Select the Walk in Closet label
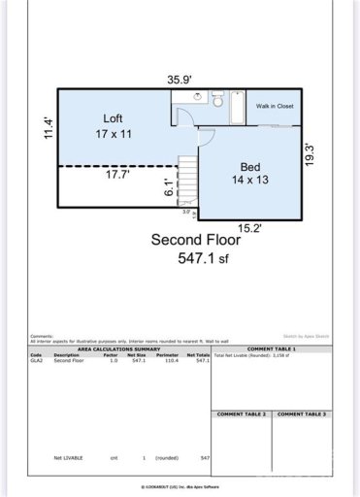pyautogui.click(x=275, y=106)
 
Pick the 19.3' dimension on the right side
pyautogui.click(x=310, y=156)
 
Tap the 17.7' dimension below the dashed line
pyautogui.click(x=117, y=176)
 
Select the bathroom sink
pyautogui.click(x=199, y=96)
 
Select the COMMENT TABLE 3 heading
pyautogui.click(x=302, y=414)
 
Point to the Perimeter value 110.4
pyautogui.click(x=174, y=359)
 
